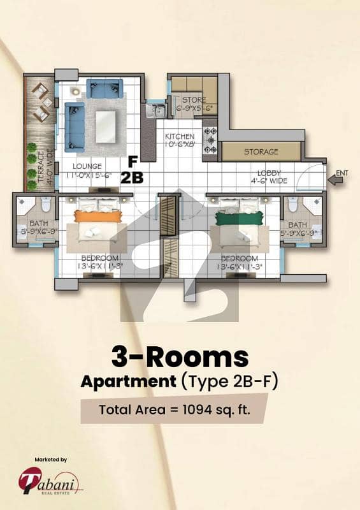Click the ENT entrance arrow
[335, 180]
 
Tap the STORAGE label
[261, 152]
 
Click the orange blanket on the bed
[98, 216]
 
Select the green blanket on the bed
[239, 217]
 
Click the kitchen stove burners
[210, 140]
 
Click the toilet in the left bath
[46, 205]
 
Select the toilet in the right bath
[293, 205]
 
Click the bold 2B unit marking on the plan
[132, 178]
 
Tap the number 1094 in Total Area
[198, 409]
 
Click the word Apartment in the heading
[129, 381]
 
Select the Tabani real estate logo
[50, 481]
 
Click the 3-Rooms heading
[180, 357]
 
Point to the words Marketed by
[51, 460]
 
